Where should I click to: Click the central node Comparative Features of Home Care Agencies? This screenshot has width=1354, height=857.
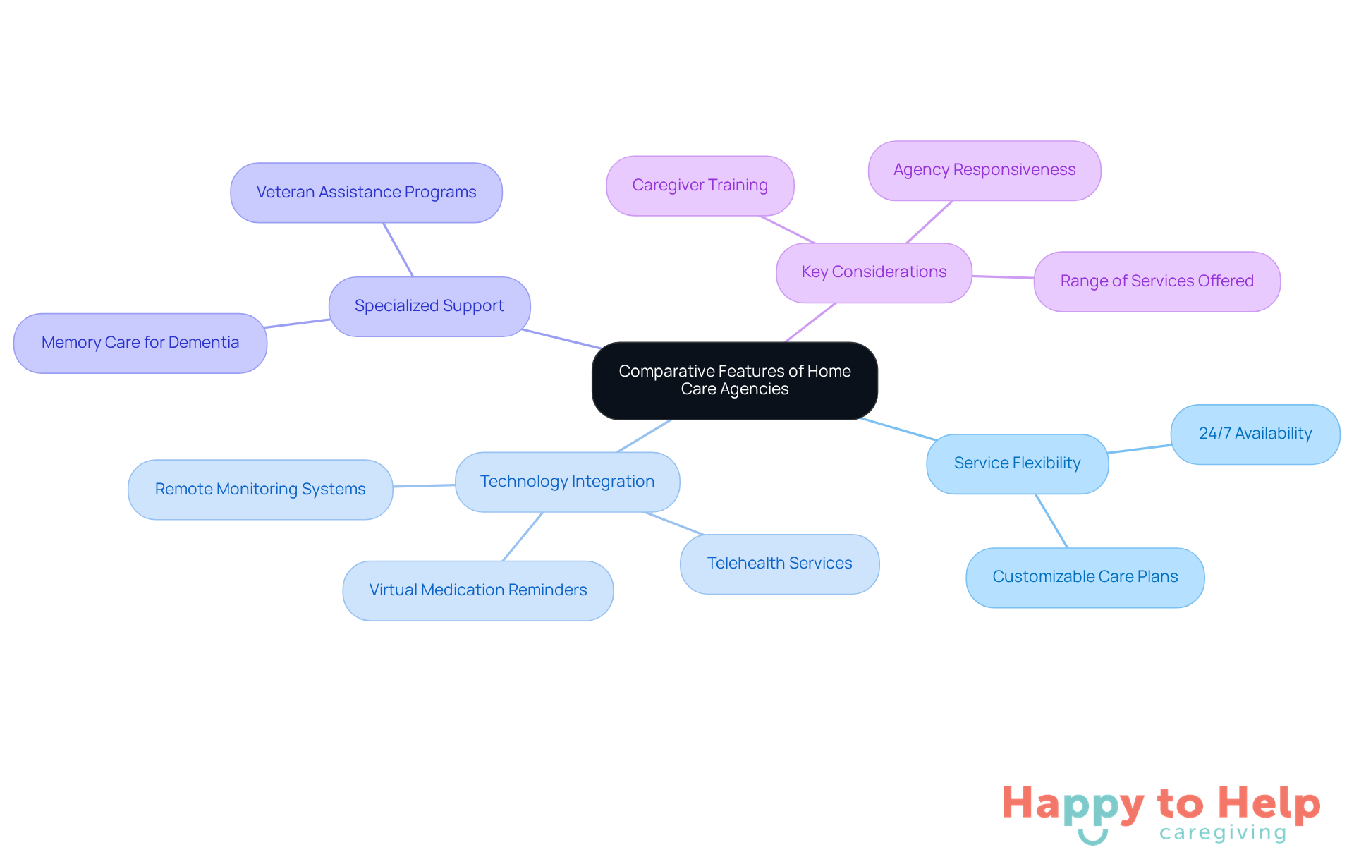pos(734,380)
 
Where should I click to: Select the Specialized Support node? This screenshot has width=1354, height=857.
pos(429,306)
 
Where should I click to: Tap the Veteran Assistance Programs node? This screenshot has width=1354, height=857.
pos(366,193)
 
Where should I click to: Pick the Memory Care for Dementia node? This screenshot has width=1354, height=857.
pos(140,343)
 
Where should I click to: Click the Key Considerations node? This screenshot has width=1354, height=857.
pos(874,272)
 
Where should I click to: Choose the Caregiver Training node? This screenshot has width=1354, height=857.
pos(700,186)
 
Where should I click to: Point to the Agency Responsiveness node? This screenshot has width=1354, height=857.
pos(984,170)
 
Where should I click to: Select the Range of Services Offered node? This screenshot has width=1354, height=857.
pos(1157,281)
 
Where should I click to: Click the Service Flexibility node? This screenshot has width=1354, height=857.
pos(1017,463)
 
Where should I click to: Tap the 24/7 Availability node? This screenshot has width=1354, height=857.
pos(1255,434)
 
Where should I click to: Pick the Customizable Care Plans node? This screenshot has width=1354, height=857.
pos(1085,577)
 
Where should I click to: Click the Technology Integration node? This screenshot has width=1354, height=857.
pos(567,482)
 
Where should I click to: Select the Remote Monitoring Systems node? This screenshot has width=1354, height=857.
pos(260,490)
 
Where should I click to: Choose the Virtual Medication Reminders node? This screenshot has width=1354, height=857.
pos(477,590)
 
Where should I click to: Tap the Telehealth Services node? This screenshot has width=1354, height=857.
pos(779,564)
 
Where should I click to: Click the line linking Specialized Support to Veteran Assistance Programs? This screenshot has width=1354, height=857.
pos(398,250)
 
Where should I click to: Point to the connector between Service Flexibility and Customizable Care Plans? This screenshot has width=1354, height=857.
pos(1051,521)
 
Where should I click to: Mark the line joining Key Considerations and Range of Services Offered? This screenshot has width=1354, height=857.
pos(1003,277)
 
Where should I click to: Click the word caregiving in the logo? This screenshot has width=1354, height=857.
pos(1223,833)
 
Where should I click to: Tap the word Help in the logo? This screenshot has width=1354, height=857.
pos(1269,803)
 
